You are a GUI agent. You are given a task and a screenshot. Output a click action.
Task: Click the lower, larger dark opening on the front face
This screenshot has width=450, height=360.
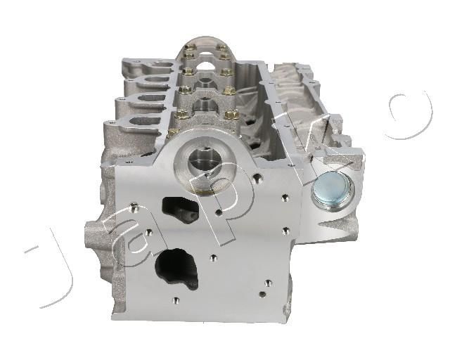(x=174, y=268)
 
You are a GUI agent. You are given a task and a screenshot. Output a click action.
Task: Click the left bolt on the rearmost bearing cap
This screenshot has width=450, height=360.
(x=189, y=49)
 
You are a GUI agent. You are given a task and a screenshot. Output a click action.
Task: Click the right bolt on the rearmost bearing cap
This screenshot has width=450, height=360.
(x=222, y=49)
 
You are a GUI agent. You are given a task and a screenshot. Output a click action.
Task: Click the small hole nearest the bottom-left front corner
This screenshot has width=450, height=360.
(x=176, y=301)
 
